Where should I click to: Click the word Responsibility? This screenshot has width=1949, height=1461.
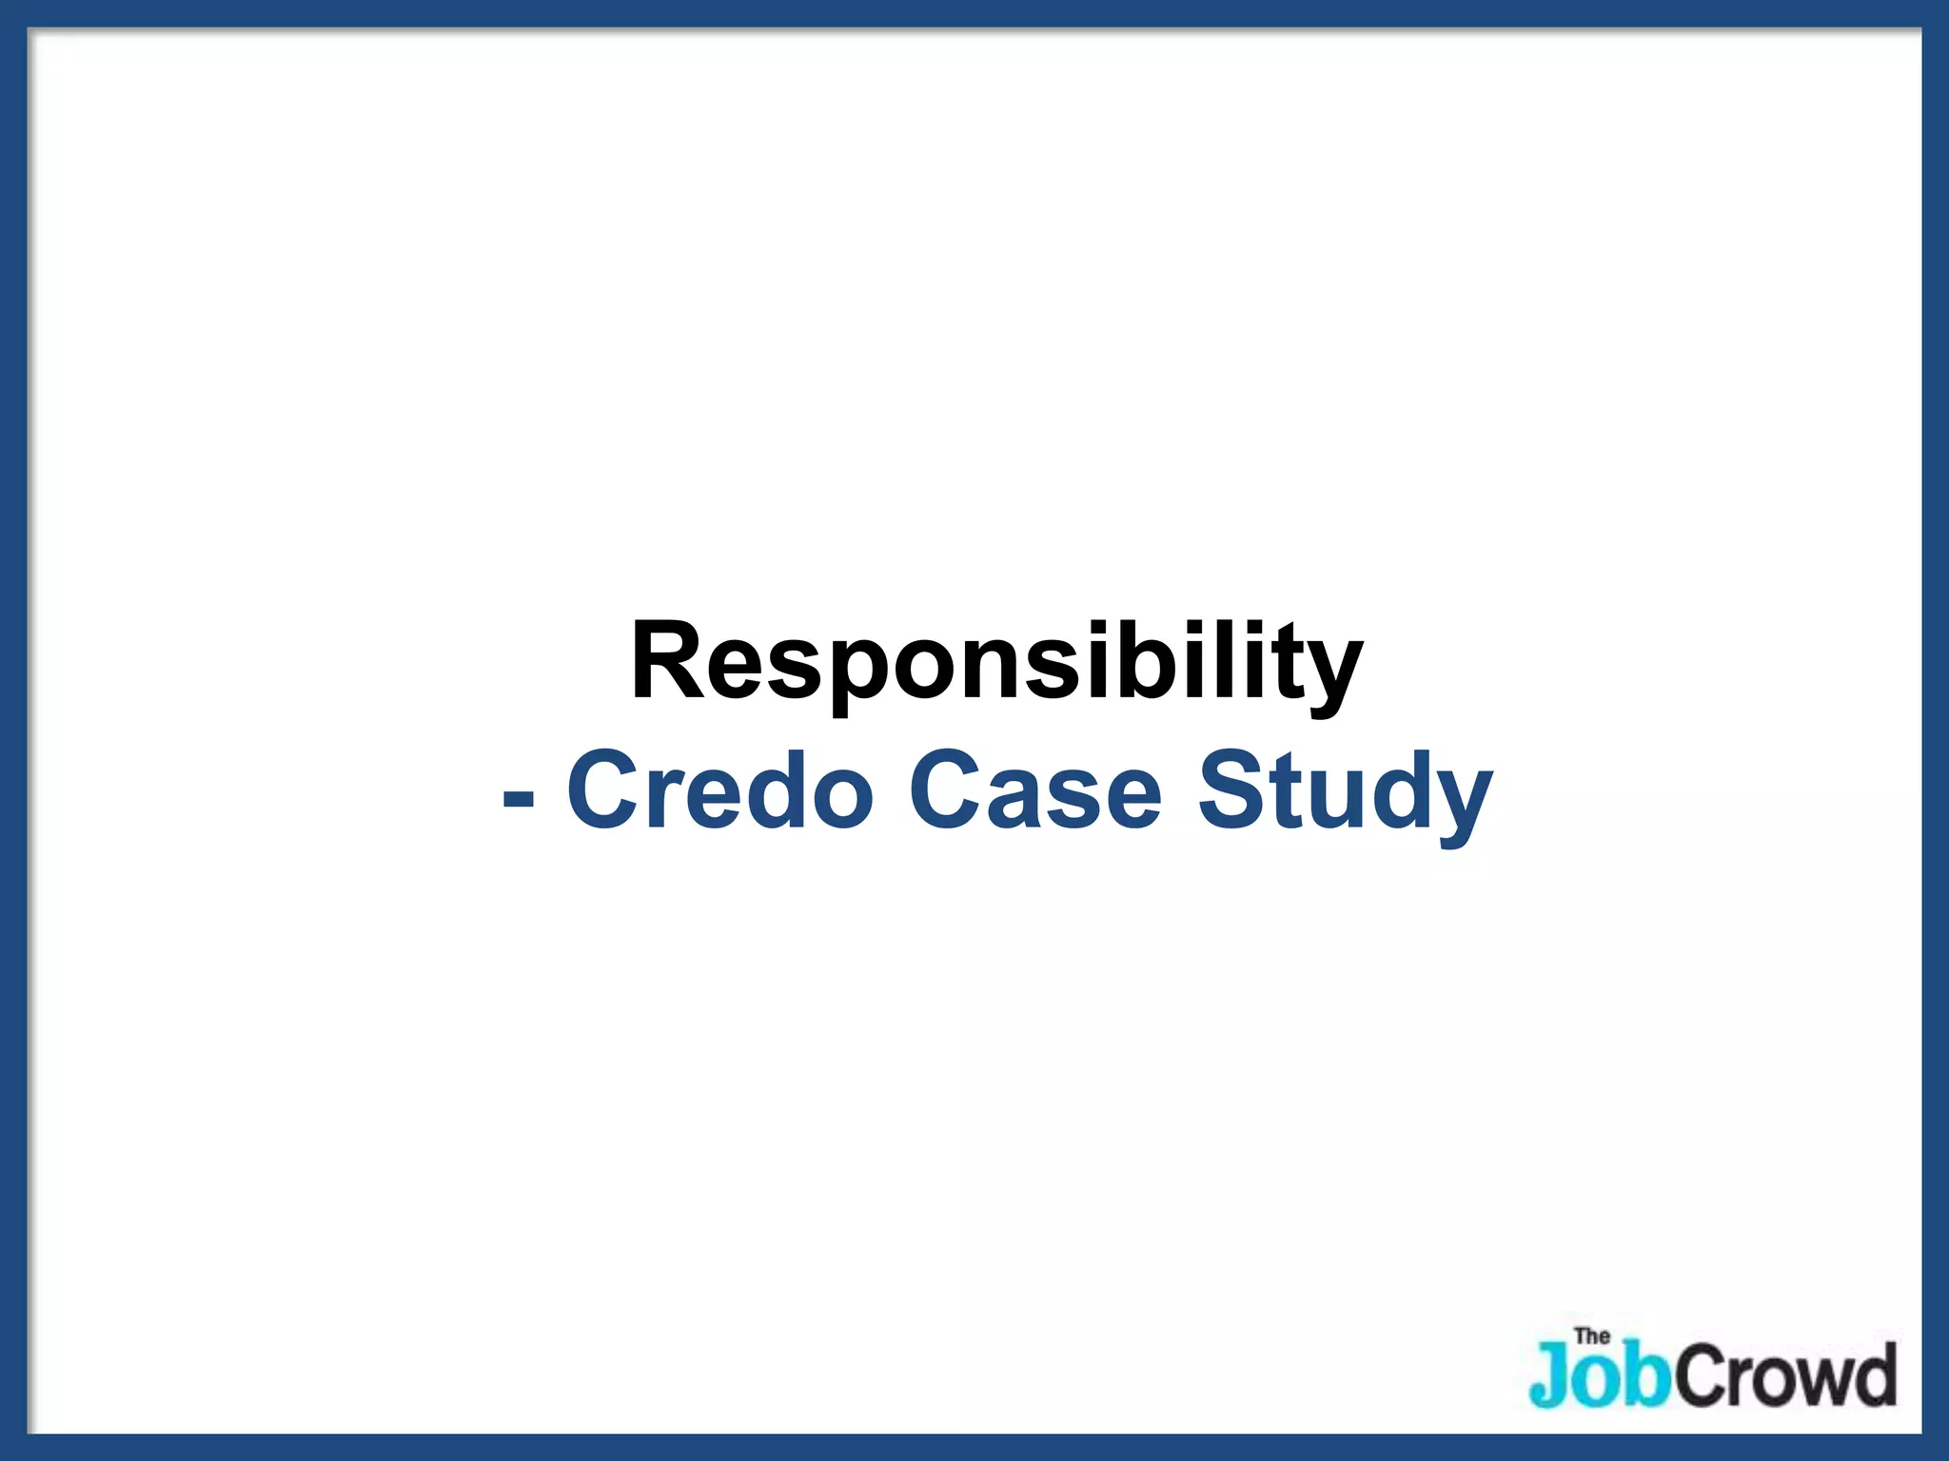coord(996,661)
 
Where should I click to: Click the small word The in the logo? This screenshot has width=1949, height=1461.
coord(1591,1336)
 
